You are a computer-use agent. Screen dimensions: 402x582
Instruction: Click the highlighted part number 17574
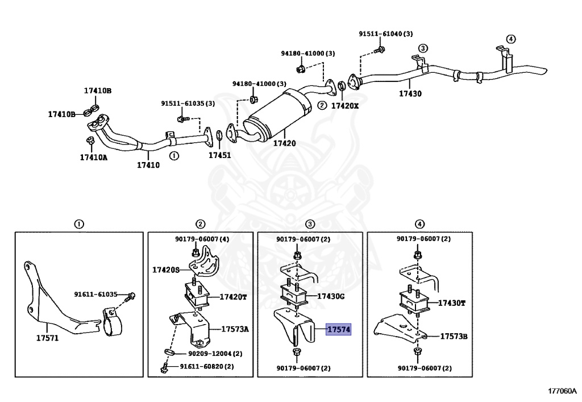[338, 329]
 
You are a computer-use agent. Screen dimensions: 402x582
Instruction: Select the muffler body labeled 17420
[276, 117]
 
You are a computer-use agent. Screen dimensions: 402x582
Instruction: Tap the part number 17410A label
[93, 157]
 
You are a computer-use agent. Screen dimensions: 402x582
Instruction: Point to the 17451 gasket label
[219, 155]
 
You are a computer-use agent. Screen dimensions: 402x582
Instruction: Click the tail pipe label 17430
[410, 94]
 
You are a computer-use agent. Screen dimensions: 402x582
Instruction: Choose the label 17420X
[345, 106]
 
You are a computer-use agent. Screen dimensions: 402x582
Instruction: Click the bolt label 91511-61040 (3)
[385, 34]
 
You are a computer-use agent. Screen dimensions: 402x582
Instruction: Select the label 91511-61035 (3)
[188, 103]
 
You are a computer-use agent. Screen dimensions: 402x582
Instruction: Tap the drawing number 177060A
[562, 391]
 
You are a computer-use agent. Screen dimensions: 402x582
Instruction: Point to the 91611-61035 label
[95, 295]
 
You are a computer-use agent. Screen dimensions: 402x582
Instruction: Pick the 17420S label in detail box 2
[166, 270]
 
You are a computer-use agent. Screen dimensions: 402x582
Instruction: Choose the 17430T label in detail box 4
[451, 303]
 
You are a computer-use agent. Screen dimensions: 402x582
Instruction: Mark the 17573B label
[454, 336]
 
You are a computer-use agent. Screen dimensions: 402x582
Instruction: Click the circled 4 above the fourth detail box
[419, 224]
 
